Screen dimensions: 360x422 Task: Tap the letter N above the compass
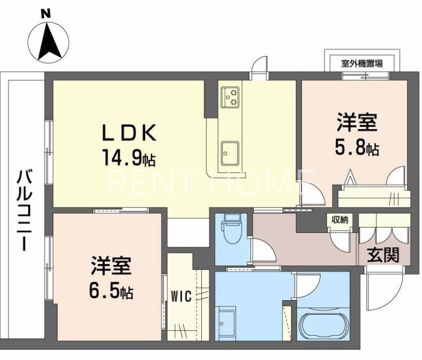pyautogui.click(x=47, y=13)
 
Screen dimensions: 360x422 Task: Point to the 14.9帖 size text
pyautogui.click(x=128, y=159)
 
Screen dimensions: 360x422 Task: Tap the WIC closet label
pyautogui.click(x=181, y=297)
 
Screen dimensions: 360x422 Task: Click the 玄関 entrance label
pyautogui.click(x=381, y=255)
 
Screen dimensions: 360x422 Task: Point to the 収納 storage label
pyautogui.click(x=340, y=220)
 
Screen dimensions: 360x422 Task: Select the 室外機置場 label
pyautogui.click(x=355, y=63)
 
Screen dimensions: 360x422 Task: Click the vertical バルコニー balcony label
pyautogui.click(x=24, y=210)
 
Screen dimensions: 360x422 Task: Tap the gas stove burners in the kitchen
pyautogui.click(x=230, y=97)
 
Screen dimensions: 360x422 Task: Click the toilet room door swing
pyautogui.click(x=262, y=247)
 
